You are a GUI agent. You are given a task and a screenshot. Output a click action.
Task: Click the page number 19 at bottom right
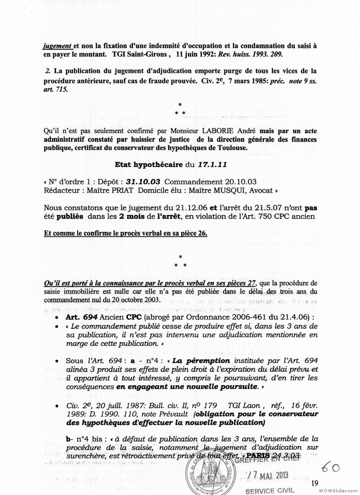click(315, 483)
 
